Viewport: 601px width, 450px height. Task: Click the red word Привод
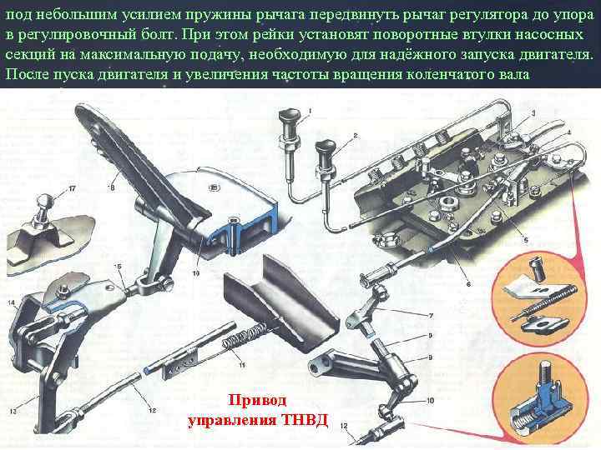[x=257, y=400]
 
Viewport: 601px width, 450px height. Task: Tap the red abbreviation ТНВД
[x=305, y=420]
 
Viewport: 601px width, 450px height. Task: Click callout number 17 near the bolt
[x=72, y=189]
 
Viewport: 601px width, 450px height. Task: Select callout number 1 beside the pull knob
[x=310, y=111]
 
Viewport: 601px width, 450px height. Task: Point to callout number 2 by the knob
[x=356, y=136]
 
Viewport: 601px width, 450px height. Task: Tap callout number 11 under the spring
[x=242, y=365]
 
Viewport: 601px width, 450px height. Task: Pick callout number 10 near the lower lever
[x=430, y=401]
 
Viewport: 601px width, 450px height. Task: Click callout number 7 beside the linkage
[x=431, y=316]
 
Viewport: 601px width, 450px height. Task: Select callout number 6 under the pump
[x=468, y=284]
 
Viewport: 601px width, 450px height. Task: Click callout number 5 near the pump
[x=526, y=240]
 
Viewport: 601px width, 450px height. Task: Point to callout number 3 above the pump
[x=533, y=113]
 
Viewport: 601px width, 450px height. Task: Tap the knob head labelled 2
[x=325, y=148]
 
